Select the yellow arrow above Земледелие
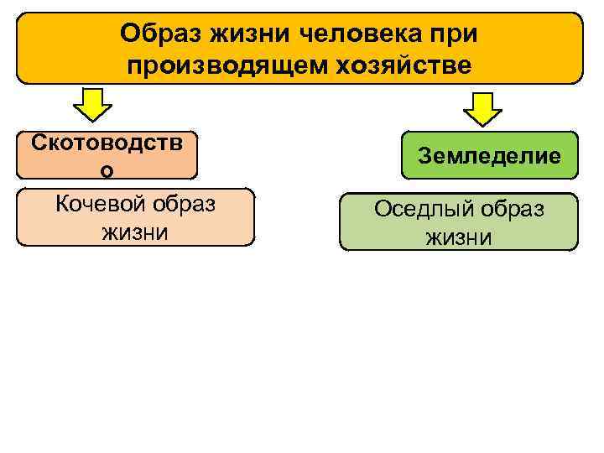482,107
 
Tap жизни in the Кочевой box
135,232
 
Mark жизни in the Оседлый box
458,237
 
